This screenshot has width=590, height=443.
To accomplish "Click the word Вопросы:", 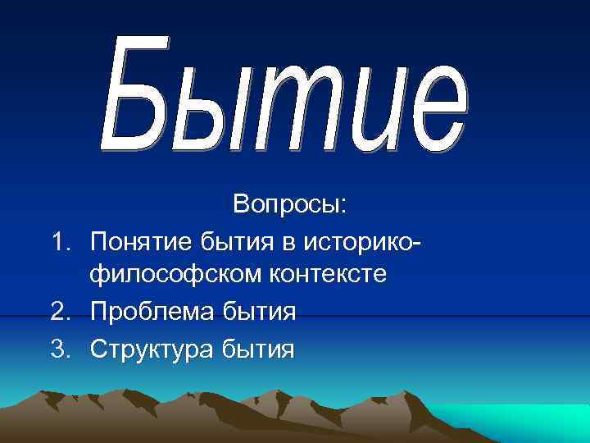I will point(290,205).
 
